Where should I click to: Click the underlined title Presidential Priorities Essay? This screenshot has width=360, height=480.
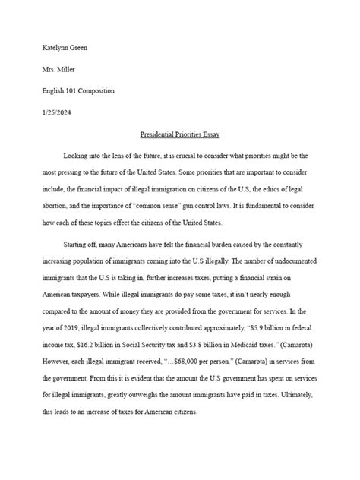point(179,133)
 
